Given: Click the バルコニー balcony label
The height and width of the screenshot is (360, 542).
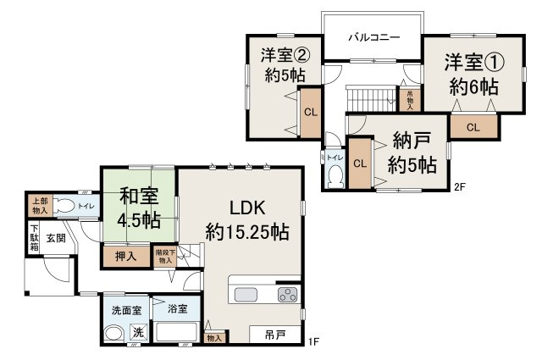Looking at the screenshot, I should click(373, 39).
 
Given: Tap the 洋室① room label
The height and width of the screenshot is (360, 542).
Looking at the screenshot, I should click(473, 75).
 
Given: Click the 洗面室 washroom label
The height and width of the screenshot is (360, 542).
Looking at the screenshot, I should click(120, 310).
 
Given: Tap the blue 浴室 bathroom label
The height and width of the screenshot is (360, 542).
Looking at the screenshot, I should click(176, 309).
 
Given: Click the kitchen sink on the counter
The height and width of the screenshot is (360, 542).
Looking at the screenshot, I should click(246, 294).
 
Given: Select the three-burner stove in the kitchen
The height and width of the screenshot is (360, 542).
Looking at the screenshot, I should click(288, 295).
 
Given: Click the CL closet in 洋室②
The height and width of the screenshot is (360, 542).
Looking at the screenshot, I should click(310, 111).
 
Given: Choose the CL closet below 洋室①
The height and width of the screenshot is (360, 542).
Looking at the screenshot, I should click(473, 127).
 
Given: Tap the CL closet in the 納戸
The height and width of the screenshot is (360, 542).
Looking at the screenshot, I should click(360, 163).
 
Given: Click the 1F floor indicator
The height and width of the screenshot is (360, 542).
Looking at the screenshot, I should click(314, 341).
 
